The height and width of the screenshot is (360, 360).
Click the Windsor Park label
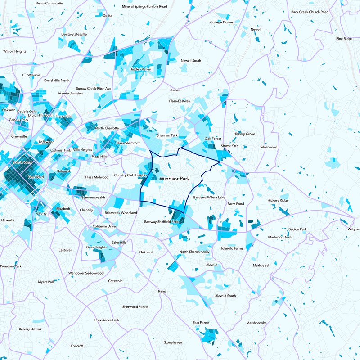(x=175, y=179)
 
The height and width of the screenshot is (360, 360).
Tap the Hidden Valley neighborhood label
(x=140, y=70)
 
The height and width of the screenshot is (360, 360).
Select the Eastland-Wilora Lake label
(x=209, y=198)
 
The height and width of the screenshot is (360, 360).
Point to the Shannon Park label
(x=167, y=135)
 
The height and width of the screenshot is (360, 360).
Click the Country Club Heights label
(x=130, y=175)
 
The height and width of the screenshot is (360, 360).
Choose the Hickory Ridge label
(x=278, y=200)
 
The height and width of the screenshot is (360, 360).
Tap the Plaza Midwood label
(x=97, y=177)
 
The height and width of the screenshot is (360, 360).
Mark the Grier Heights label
(x=96, y=247)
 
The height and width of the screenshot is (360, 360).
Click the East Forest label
(x=201, y=323)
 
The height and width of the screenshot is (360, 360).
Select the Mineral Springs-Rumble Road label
(x=144, y=7)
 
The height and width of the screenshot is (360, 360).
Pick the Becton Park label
(x=297, y=229)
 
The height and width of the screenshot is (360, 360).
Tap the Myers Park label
(x=46, y=282)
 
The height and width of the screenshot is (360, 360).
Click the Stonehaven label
(x=173, y=342)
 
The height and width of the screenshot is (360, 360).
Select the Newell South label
(x=191, y=61)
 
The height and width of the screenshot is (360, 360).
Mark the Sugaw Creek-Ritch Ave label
(x=94, y=89)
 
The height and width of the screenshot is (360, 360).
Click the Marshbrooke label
(x=256, y=323)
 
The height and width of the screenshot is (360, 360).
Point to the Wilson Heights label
(x=15, y=51)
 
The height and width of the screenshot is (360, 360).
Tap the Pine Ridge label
(x=344, y=39)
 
